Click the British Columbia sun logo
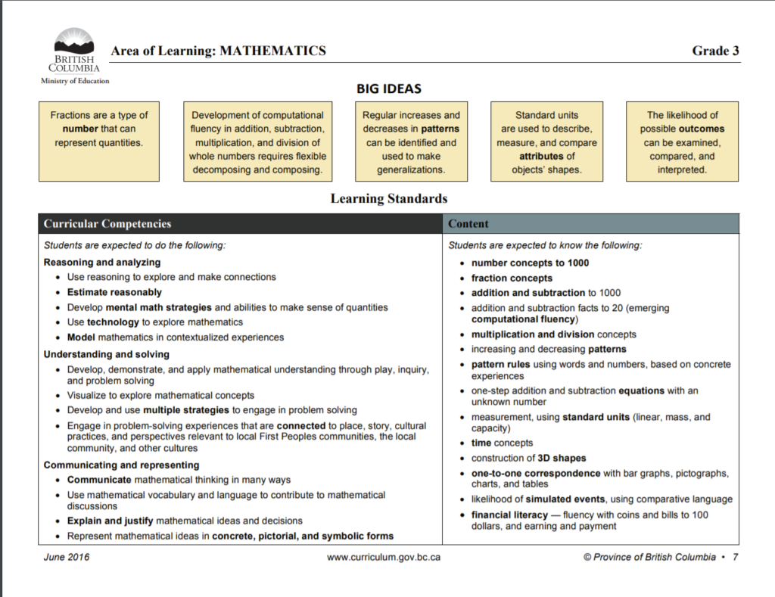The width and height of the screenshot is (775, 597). (x=74, y=42)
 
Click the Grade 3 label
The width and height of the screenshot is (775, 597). (x=715, y=51)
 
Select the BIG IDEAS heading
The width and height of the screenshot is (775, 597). (x=388, y=89)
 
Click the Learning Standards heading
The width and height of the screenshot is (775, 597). (x=388, y=199)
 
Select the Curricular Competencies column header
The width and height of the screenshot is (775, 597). (x=107, y=224)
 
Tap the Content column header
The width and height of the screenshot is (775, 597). (x=468, y=224)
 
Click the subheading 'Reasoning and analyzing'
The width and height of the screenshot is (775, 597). (x=102, y=263)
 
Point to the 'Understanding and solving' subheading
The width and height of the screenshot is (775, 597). (x=107, y=354)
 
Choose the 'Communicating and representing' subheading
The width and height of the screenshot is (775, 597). (x=122, y=465)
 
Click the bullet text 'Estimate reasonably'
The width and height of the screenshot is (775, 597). (x=114, y=292)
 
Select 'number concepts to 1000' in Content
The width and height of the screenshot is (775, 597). (x=530, y=263)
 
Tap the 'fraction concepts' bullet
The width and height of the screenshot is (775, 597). (x=512, y=278)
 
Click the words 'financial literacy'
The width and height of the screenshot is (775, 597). (x=509, y=515)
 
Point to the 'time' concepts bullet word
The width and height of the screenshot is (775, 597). (x=481, y=443)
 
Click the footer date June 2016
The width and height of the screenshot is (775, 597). (x=67, y=557)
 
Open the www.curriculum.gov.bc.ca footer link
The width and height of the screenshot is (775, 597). (x=383, y=557)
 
